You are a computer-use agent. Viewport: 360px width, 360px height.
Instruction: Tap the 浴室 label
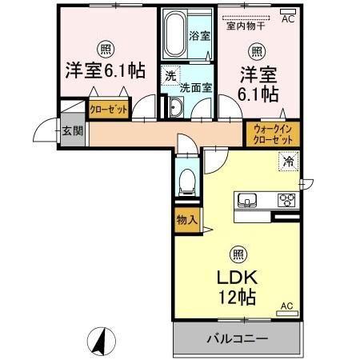coord(200,37)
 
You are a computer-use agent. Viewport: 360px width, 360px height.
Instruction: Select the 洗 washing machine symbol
coord(170,76)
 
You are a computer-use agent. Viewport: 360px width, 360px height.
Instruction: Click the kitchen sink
coord(246,199)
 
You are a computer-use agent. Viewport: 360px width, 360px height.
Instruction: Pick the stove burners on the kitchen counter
coord(286,199)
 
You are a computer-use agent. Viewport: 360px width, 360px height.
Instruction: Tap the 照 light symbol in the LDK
coord(238,255)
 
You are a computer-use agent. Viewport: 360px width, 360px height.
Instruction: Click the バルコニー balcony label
coord(237,339)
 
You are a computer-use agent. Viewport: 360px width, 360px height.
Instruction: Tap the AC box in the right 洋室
coord(287,17)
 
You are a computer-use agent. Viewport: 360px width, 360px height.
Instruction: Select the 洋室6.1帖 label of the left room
coord(104,70)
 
